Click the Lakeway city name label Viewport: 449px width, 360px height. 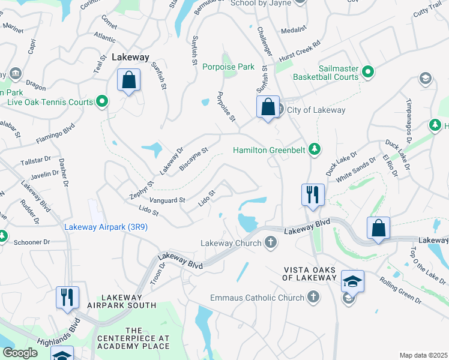coord(130,57)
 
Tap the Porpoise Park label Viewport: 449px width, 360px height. coord(228,67)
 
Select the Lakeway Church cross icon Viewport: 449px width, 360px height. coord(271,242)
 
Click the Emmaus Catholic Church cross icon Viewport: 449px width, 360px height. coord(313,296)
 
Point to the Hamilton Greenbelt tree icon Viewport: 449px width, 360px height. coord(313,149)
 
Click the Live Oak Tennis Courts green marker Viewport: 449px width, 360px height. coord(102,102)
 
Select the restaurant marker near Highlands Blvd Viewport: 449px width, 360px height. coord(67,298)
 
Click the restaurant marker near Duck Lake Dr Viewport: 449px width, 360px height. coord(313,194)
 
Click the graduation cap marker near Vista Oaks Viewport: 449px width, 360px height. coord(352,281)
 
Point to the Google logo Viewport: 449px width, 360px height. coord(20,353)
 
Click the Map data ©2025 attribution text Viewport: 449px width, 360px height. coord(423,355)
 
